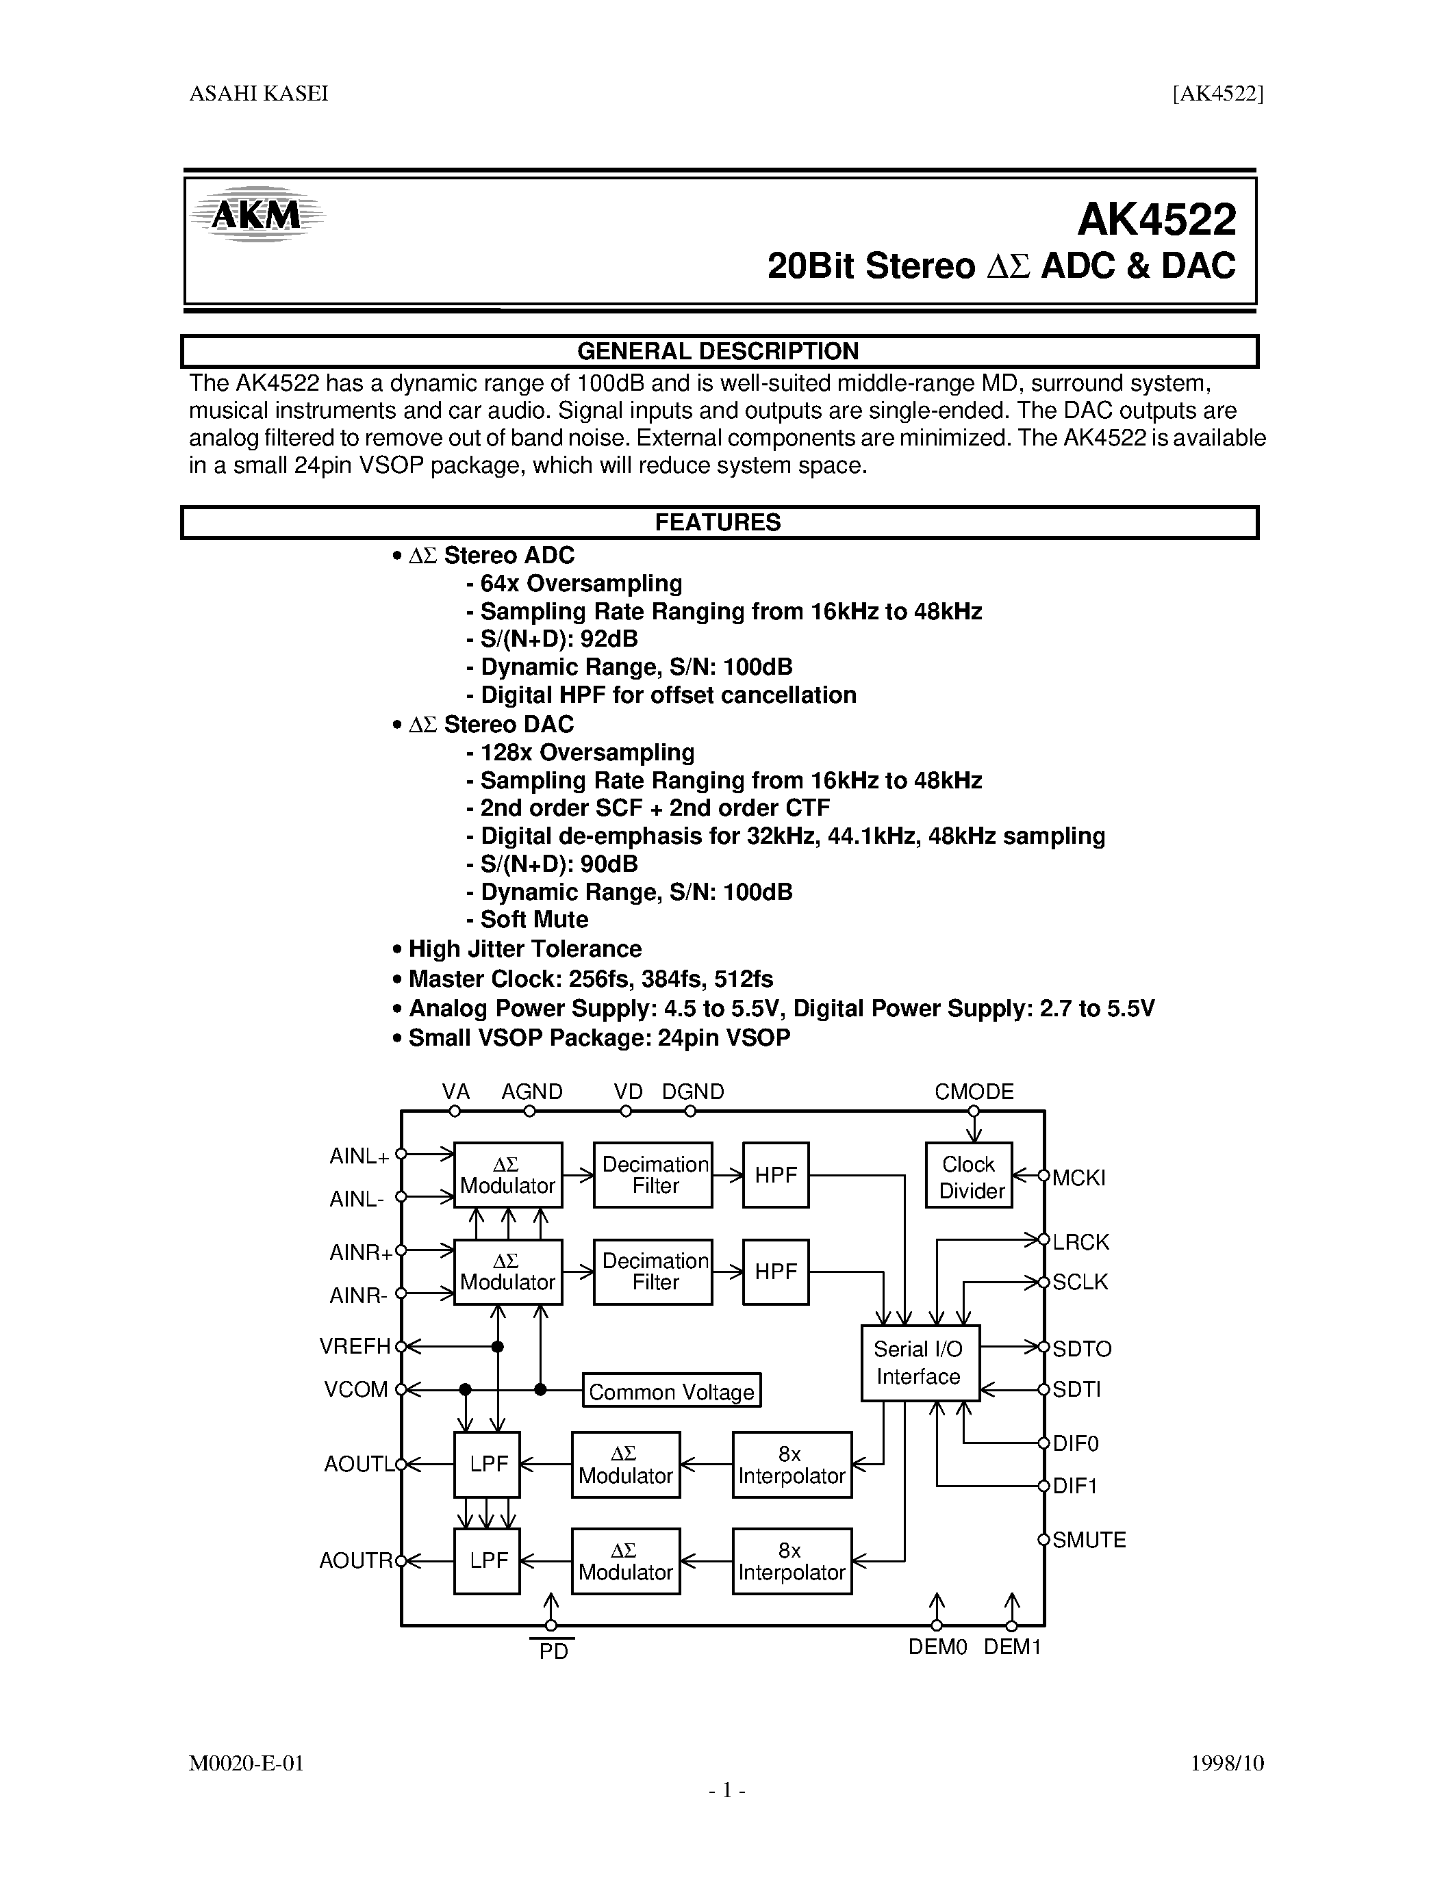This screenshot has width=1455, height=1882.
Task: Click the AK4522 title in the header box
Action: (1156, 220)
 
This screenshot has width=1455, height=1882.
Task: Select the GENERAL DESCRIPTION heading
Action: (718, 352)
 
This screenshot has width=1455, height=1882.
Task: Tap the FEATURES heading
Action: (718, 522)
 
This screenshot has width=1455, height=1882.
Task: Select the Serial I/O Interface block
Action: (920, 1363)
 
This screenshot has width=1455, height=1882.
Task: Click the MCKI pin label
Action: (1078, 1178)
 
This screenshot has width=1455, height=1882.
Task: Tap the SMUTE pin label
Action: (1089, 1540)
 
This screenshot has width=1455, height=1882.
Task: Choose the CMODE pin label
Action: (974, 1092)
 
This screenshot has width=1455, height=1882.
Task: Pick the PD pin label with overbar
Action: (553, 1652)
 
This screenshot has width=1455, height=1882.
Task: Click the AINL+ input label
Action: (359, 1157)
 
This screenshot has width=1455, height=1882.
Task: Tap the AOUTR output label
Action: (356, 1560)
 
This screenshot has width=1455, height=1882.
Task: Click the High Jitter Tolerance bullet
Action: (524, 949)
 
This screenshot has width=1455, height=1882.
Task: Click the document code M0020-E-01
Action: (246, 1763)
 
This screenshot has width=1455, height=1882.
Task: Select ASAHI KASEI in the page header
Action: (259, 94)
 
